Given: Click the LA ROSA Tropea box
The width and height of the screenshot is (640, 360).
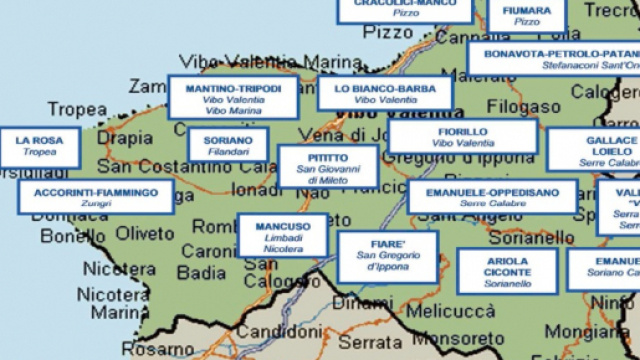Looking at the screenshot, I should pyautogui.click(x=40, y=147).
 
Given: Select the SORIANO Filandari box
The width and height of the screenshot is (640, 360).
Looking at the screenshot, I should pyautogui.click(x=228, y=144).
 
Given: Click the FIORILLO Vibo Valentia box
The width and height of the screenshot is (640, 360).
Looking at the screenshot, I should pyautogui.click(x=462, y=137).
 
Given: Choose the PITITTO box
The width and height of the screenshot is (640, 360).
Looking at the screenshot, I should pyautogui.click(x=328, y=166).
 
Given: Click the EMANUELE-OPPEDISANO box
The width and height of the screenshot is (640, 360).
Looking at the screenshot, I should pyautogui.click(x=492, y=196).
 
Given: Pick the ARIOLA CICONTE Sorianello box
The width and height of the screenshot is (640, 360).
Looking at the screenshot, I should pyautogui.click(x=507, y=270).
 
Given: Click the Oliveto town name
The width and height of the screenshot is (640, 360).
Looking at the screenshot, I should pyautogui.click(x=144, y=232).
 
